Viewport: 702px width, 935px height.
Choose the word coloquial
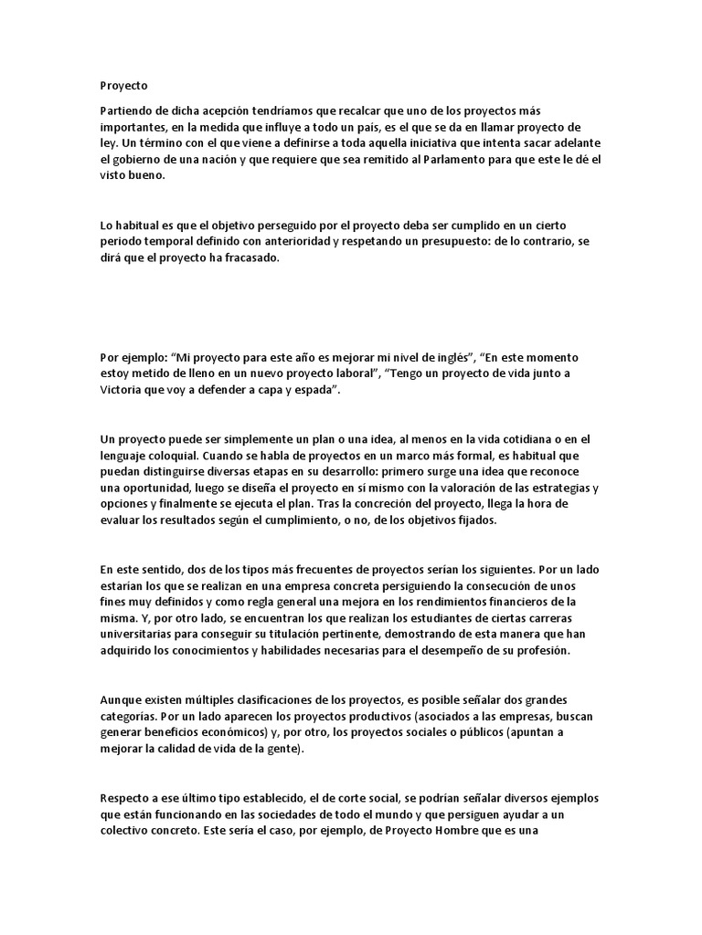[181, 455]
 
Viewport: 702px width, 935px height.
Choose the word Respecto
[128, 798]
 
